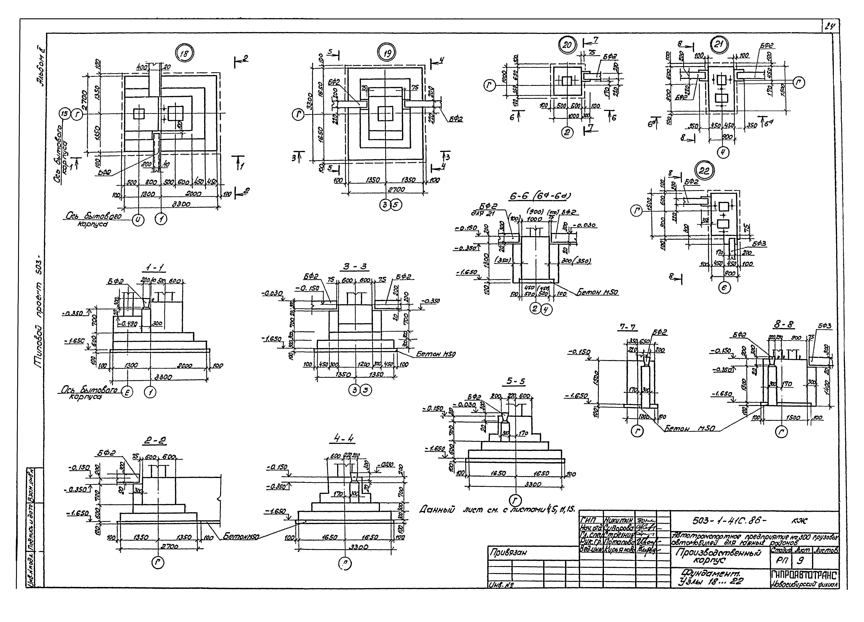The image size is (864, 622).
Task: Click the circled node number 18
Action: click(184, 54)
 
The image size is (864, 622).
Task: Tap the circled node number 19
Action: click(387, 53)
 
